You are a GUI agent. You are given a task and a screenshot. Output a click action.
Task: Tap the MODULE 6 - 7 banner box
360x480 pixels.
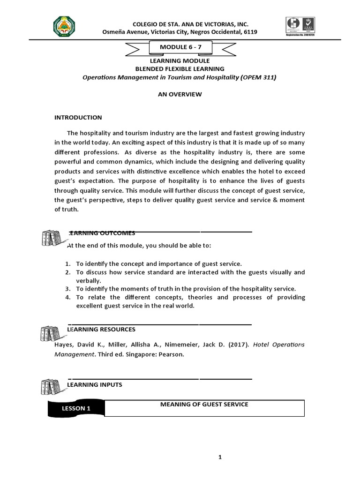coord(180,48)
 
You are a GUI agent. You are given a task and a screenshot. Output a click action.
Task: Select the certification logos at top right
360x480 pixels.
coord(300,28)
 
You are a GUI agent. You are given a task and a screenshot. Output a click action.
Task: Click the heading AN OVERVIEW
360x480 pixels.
coord(180,94)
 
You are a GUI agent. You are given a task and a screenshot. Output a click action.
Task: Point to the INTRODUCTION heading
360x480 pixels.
coord(78,118)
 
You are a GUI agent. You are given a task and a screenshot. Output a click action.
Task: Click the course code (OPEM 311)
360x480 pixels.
coord(258,77)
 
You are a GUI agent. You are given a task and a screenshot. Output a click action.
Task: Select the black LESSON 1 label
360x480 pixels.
coord(76,408)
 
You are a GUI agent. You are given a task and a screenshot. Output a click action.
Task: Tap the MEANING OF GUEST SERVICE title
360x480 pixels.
coord(204,404)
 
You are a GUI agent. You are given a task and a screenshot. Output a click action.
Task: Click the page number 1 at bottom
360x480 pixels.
coord(219,458)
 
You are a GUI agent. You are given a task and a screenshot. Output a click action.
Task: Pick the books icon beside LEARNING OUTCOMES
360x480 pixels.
coord(51,239)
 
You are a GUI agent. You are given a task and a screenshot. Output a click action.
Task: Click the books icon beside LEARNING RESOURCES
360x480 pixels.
coord(51,333)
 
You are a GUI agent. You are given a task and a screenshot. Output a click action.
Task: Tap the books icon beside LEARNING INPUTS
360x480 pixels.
coord(51,389)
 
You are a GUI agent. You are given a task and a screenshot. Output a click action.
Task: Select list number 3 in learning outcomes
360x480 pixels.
coord(67,289)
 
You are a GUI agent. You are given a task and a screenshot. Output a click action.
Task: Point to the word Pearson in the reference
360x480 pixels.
coord(171,355)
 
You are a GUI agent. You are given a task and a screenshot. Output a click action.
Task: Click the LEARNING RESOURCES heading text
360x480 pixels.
coord(102,330)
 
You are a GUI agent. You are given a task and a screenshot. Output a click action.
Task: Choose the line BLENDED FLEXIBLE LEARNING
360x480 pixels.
coord(180,69)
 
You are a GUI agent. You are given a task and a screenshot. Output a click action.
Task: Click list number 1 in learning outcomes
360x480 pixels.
coord(67,264)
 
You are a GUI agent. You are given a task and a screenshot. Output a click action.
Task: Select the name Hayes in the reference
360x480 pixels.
coord(64,345)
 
